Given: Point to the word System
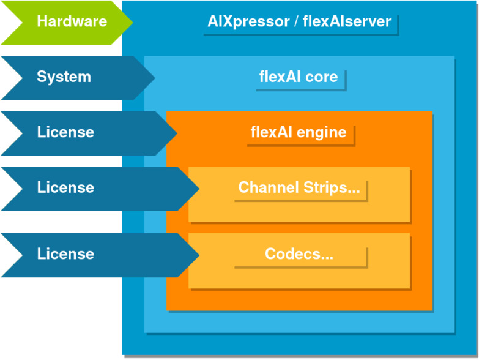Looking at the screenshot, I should coord(64,77).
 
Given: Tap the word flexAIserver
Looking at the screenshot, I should coord(347,22).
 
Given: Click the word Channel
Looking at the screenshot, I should coord(265,187).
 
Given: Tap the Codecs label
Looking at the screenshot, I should coord(299,254).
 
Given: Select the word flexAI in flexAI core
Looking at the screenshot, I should coord(280,77).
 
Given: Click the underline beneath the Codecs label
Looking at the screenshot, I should coord(300,267).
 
